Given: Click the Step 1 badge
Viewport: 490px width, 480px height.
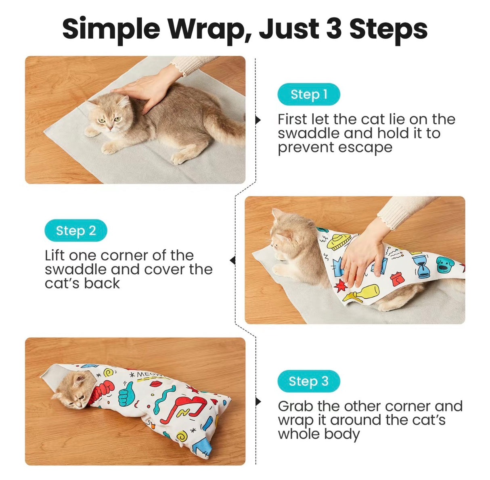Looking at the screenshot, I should coord(309,94).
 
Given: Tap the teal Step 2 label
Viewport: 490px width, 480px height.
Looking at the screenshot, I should coord(76,230).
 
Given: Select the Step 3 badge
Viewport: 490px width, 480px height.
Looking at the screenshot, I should coord(309,381).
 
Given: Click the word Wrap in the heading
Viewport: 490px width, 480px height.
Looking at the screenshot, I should coord(207,29).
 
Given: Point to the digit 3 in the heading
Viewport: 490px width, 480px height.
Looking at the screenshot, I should coord(334,29).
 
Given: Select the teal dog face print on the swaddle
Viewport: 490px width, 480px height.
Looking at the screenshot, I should coord(445,264).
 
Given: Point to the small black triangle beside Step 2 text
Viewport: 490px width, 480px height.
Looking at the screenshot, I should coord(232,260).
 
